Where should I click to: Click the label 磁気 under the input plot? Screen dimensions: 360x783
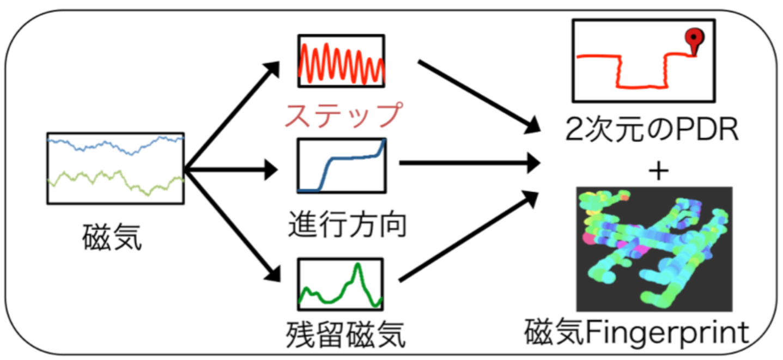[112, 237]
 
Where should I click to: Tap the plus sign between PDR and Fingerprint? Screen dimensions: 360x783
[659, 172]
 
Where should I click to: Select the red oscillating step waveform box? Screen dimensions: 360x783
[341, 61]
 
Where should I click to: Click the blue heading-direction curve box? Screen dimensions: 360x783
[341, 166]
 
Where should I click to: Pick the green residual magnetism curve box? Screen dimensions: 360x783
[341, 283]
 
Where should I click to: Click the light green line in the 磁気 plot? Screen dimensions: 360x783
[114, 181]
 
